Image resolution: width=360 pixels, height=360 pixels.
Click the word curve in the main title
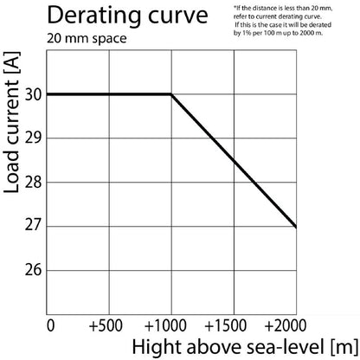(x=178, y=16)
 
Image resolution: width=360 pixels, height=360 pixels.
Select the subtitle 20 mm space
(x=87, y=39)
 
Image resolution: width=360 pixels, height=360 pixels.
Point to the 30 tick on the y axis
(x=34, y=94)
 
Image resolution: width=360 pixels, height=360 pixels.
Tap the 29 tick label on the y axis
(x=34, y=138)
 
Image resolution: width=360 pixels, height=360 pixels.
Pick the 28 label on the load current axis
(x=34, y=183)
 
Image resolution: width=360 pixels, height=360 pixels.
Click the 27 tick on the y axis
(x=34, y=225)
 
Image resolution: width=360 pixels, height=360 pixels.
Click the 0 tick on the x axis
(x=50, y=325)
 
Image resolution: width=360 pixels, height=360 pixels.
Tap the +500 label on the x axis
(x=106, y=325)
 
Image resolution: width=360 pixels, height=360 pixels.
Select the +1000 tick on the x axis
(x=165, y=325)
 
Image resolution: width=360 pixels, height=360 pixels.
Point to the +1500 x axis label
(x=225, y=325)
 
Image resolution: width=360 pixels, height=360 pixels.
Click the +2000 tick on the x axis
(x=286, y=325)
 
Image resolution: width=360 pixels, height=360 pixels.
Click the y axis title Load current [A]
(x=11, y=123)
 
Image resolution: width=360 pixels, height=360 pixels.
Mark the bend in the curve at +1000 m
(x=171, y=94)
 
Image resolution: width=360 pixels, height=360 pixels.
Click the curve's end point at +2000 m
(x=296, y=227)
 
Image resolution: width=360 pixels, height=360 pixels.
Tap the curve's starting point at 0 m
(x=47, y=94)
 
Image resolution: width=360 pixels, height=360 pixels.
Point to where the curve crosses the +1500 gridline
(x=234, y=161)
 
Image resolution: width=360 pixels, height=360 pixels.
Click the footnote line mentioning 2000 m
(x=278, y=33)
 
